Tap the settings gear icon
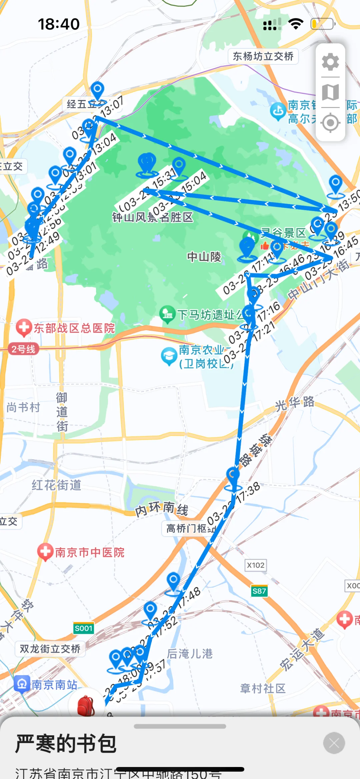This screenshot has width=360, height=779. coord(330,62)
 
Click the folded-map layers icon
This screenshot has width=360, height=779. coord(330,92)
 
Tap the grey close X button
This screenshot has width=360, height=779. coord(334,743)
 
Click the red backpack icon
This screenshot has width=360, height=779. coord(86,705)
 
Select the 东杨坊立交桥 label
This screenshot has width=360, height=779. coord(263,56)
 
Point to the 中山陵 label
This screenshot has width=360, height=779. coord(204,257)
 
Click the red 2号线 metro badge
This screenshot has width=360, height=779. coord(23,349)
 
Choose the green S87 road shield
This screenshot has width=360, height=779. coord(259,591)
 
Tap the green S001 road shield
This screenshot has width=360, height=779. coord(83,628)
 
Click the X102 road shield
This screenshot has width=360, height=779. coord(256,565)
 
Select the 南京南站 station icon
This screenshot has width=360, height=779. coord(22,684)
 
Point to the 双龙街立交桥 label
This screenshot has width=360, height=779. coord(50,649)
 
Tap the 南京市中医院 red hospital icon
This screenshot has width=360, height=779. coord(45,552)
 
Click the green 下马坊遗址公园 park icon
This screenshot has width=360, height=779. coord(167,314)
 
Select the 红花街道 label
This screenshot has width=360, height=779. coord(56,485)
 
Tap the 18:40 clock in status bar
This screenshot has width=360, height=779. coord(59,24)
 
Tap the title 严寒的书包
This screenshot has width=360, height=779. coord(66,744)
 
